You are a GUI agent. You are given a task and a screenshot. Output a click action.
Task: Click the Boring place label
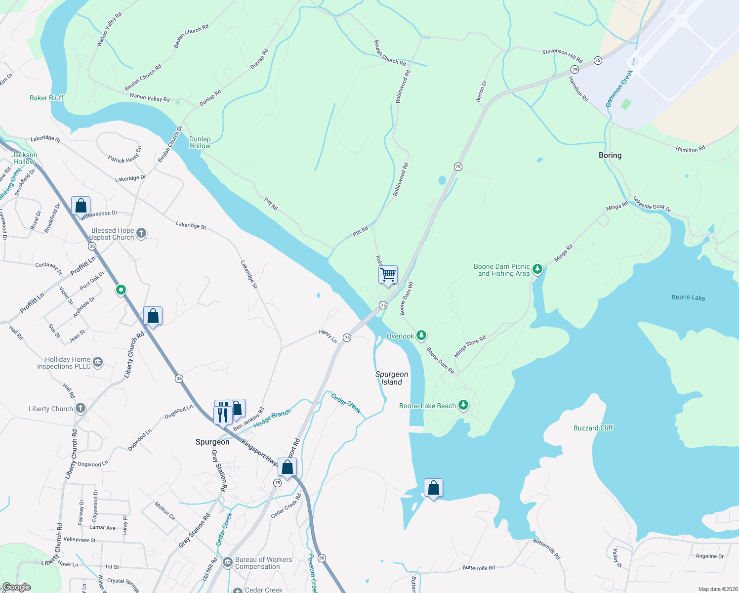point(610,155)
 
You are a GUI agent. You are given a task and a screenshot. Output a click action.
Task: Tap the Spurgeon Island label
point(392,378)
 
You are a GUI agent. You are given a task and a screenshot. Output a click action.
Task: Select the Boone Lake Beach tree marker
point(463,406)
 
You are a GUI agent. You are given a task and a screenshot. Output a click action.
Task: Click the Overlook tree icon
point(421,336)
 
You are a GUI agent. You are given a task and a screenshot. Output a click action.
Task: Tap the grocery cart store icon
point(388,274)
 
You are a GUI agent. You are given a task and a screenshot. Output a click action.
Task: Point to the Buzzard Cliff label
point(593,428)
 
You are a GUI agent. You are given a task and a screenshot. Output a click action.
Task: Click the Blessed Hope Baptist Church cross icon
point(141,233)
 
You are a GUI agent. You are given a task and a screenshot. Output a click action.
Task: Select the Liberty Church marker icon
point(81,408)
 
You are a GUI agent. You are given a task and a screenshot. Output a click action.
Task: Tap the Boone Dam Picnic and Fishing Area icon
point(537,269)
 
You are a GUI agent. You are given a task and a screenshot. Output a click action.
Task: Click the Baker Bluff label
point(46,98)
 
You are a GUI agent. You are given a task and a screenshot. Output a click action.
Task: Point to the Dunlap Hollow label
point(200,142)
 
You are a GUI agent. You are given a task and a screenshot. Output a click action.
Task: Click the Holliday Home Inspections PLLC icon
point(98,363)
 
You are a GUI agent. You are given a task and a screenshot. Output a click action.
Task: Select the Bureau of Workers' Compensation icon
point(228,562)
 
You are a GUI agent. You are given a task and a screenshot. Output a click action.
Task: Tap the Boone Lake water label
point(688,297)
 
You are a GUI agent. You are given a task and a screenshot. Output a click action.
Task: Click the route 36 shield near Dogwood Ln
point(179,379)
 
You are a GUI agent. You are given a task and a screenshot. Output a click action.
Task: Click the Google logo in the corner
point(16,587)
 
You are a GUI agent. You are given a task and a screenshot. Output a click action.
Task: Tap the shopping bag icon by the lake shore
point(433,488)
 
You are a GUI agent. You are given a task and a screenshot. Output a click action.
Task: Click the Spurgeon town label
point(212,442)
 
